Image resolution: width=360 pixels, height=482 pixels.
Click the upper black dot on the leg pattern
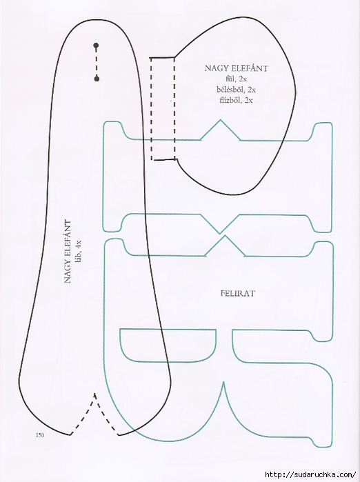pos(96,46)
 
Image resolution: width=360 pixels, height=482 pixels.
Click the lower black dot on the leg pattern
pos(97,79)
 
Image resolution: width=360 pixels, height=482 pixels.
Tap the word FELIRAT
pos(238,293)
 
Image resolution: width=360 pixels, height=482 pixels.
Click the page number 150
pos(40,435)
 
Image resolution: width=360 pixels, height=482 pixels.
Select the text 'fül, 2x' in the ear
pos(236,79)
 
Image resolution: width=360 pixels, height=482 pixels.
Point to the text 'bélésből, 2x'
pos(236,90)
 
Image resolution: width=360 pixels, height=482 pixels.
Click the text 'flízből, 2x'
pos(236,100)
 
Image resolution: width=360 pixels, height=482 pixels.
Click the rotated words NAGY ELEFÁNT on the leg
pos(68,252)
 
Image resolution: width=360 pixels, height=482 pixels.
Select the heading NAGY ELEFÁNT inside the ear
pos(236,68)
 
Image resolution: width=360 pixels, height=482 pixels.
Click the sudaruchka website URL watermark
pos(310,474)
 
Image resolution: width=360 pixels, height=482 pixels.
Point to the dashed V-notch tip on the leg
pos(95,394)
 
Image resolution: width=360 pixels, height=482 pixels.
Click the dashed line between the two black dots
pos(97,62)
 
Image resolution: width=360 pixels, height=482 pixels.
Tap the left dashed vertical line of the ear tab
pos(151,108)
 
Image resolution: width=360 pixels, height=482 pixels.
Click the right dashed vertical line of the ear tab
pos(174,108)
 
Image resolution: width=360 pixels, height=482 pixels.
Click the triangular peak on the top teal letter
pos(220,120)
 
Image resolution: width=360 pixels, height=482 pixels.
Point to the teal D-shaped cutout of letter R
pos(168,361)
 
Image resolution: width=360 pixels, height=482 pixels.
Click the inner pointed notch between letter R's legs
pos(223,383)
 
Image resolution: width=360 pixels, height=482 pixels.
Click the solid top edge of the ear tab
pos(162,57)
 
